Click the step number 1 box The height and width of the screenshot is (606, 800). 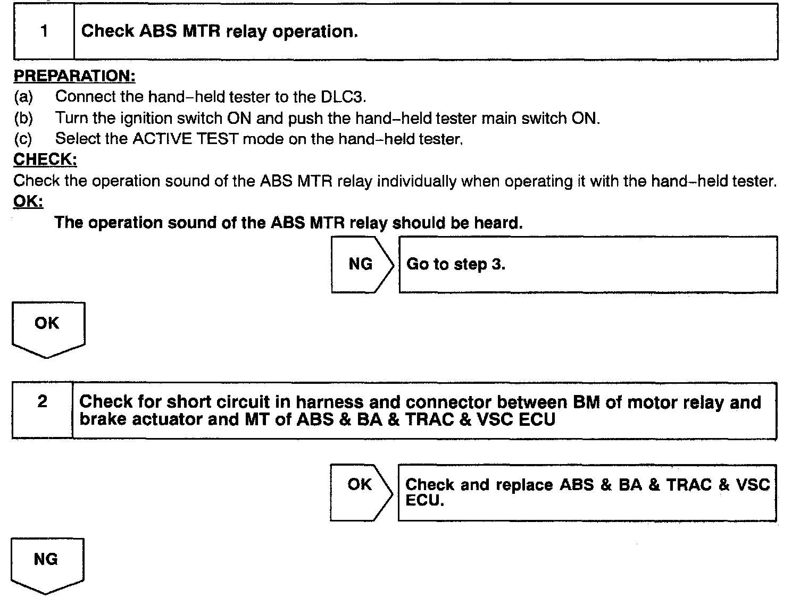pyautogui.click(x=44, y=31)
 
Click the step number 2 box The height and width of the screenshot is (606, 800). pyautogui.click(x=43, y=410)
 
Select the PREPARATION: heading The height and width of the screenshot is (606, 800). pyautogui.click(x=74, y=76)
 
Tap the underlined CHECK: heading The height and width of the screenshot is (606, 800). pyautogui.click(x=45, y=159)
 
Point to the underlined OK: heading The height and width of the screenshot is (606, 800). pyautogui.click(x=28, y=201)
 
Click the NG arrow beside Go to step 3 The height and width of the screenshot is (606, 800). pyautogui.click(x=362, y=264)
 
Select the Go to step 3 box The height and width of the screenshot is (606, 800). pyautogui.click(x=588, y=265)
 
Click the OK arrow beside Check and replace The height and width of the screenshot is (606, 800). pyautogui.click(x=361, y=492)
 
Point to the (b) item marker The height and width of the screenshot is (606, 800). pyautogui.click(x=23, y=118)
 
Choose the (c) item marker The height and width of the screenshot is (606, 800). pyautogui.click(x=23, y=139)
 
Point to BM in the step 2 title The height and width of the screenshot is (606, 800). pyautogui.click(x=587, y=402)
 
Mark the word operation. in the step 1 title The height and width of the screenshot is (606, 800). pyautogui.click(x=315, y=31)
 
